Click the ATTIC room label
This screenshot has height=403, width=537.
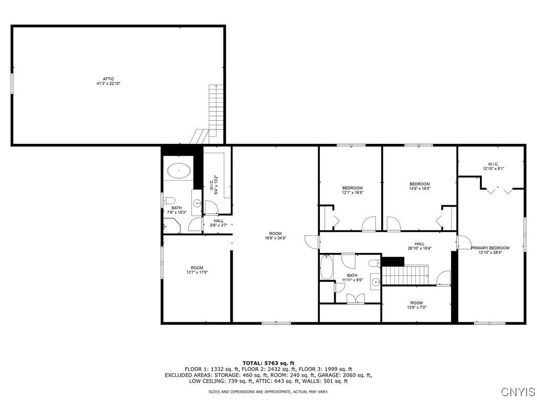[x=109, y=81]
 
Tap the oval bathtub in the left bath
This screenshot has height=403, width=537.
[x=178, y=170]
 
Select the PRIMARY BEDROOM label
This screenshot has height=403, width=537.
[x=490, y=250]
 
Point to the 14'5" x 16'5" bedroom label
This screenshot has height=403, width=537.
[x=420, y=186]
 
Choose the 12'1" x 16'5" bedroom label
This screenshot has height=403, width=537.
[x=352, y=190]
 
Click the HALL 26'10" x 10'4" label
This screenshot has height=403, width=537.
[x=420, y=246]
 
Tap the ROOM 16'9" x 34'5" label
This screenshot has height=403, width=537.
[x=275, y=236]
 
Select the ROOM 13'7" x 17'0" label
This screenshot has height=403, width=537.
[x=197, y=270]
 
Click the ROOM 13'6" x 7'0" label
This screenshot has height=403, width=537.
[x=416, y=305]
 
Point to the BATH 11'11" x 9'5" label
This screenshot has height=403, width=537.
[x=352, y=278]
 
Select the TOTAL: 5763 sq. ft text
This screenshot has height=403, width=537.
[x=268, y=363]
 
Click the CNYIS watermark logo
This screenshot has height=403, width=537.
[x=518, y=392]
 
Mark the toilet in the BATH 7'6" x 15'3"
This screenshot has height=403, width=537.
[x=169, y=200]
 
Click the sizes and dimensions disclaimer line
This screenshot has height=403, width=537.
[x=268, y=391]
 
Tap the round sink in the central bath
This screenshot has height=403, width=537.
[x=375, y=282]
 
